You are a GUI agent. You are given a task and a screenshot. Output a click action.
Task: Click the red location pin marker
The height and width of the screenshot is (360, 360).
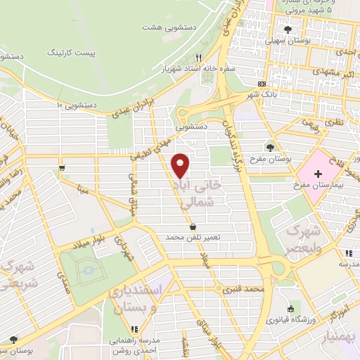[x=181, y=165]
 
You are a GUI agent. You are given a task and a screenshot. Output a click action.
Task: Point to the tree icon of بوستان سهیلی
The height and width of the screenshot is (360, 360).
[x=288, y=29]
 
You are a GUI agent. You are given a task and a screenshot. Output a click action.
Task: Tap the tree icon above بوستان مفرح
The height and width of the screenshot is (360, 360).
[x=271, y=148]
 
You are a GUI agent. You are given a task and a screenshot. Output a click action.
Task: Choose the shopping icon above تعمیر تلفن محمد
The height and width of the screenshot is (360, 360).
[x=193, y=226]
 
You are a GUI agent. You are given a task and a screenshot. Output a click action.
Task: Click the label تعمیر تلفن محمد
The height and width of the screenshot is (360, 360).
[x=193, y=238]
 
